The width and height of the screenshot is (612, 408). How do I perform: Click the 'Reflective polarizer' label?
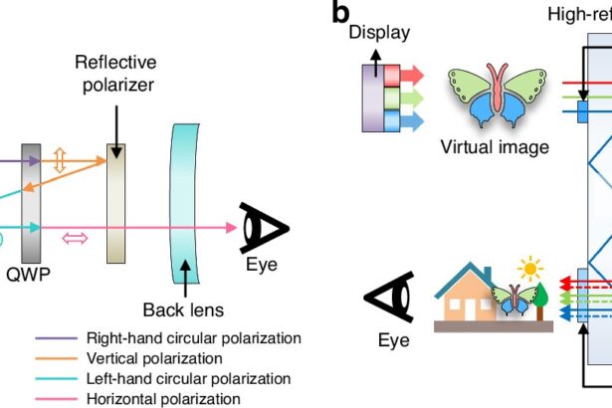coord(114,74)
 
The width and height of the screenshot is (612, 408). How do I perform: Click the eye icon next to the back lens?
coord(263,228)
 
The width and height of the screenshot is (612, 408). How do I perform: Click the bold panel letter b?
coord(340,13)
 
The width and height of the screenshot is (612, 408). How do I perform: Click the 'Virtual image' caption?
coord(494,148)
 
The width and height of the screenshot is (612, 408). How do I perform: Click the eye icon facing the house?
coord(392,298)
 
